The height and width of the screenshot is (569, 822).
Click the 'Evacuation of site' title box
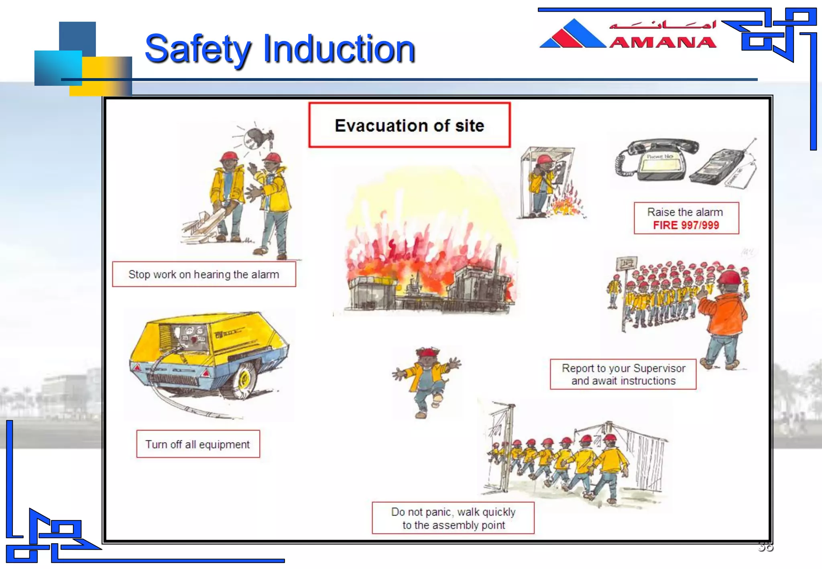(409, 125)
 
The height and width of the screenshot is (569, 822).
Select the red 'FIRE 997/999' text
(686, 225)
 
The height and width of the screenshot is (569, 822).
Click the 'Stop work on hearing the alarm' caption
(204, 274)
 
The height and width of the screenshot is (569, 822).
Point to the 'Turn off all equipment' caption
(198, 444)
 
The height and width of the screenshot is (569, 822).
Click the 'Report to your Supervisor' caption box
(623, 374)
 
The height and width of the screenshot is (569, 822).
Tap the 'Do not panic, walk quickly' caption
(453, 518)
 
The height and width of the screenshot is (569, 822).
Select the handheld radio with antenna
(718, 167)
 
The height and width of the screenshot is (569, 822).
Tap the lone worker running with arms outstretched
(427, 380)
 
